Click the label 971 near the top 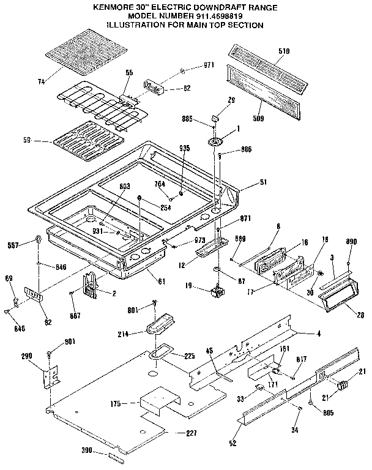209,65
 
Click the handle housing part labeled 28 335,298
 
